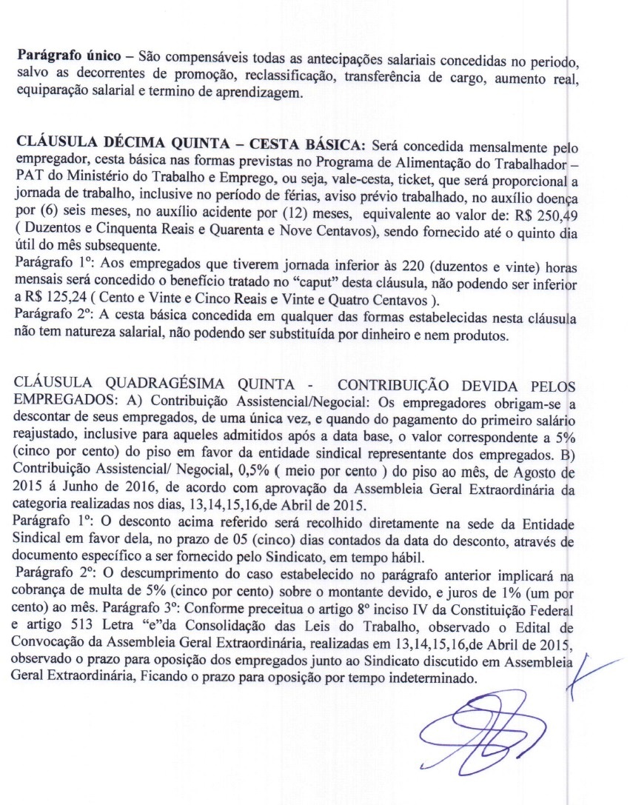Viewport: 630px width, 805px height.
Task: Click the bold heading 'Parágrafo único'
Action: tap(61, 57)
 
